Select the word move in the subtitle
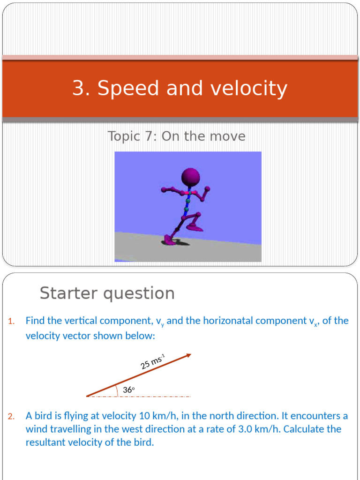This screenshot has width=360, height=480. [x=231, y=136]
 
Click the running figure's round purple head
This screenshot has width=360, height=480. [x=191, y=177]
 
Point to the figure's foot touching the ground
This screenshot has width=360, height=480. [x=170, y=240]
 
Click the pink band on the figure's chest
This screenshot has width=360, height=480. [x=188, y=193]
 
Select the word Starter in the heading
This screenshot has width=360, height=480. [x=69, y=293]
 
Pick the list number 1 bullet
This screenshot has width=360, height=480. [x=11, y=321]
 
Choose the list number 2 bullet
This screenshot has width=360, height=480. [x=11, y=416]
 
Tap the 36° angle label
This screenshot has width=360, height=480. [x=128, y=390]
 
